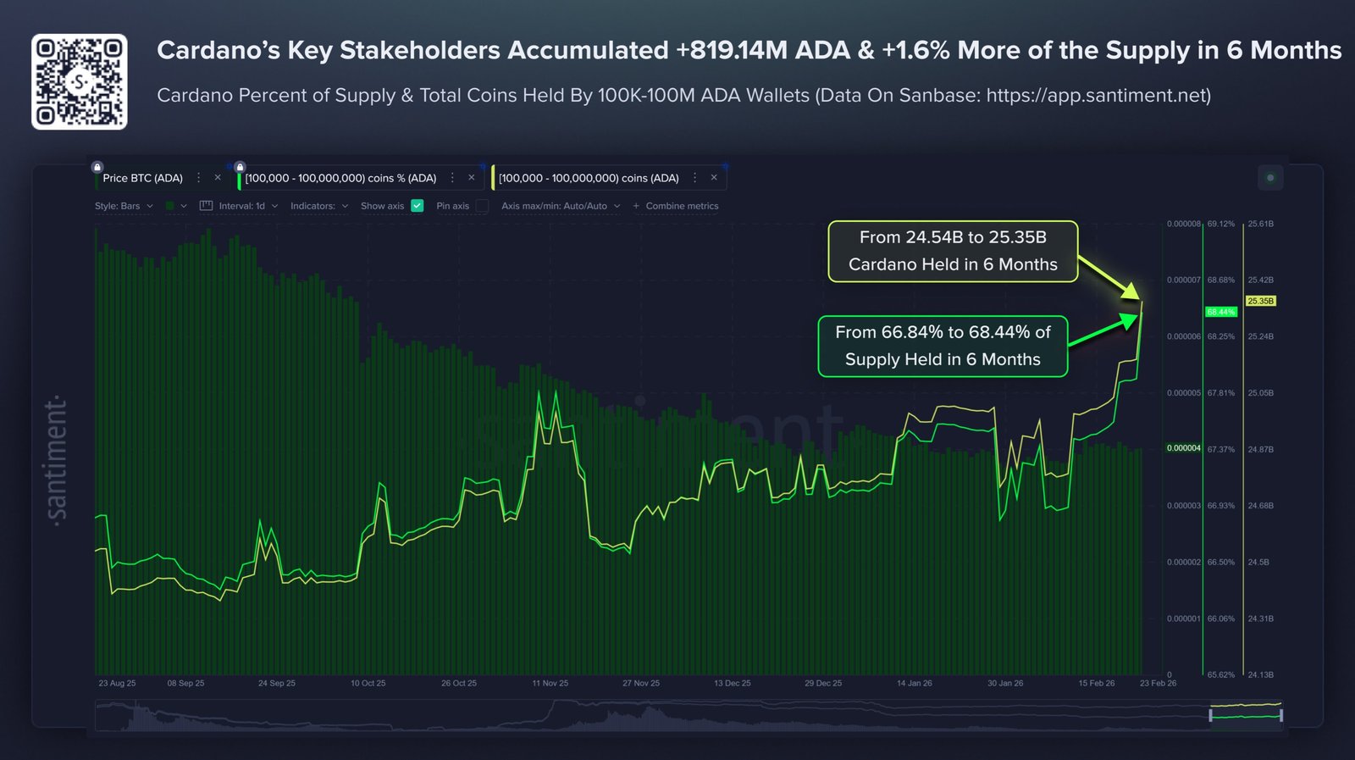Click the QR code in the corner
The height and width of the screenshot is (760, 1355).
pos(80,82)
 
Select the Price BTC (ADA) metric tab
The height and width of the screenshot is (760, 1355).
pos(142,178)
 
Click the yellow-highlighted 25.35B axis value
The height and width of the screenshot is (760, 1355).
pos(1260,301)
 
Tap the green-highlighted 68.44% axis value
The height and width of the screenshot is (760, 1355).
pos(1220,312)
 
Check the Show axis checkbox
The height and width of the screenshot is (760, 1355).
pos(417,206)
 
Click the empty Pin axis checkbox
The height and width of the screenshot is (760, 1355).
pos(482,206)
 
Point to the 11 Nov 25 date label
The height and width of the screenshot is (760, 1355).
pos(550,683)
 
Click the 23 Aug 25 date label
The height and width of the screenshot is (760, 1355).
pos(117,683)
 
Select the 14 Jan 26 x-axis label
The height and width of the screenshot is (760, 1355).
pos(914,683)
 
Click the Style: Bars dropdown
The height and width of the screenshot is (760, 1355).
pos(124,206)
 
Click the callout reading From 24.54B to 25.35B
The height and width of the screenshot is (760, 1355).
pos(953,251)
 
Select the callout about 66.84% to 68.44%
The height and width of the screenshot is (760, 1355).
pos(943,346)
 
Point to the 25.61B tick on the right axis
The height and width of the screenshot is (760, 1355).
pos(1260,224)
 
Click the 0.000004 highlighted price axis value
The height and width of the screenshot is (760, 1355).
pos(1183,448)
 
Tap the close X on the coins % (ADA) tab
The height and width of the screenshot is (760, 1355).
pos(472,178)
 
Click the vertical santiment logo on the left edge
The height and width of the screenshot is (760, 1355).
pos(56,461)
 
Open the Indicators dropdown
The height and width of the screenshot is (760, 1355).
pos(318,206)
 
